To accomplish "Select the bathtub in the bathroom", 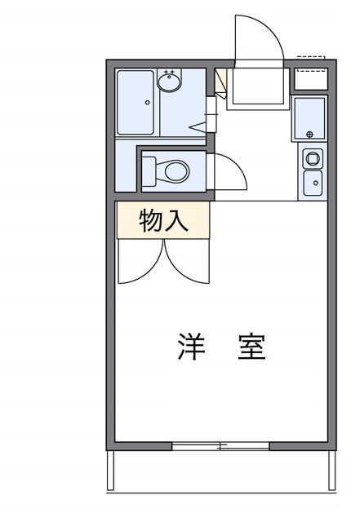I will click(136, 103).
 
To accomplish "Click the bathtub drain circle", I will click(147, 103).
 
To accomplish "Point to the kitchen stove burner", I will click(312, 156).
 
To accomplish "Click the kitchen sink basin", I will click(312, 181).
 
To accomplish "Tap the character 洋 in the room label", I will click(189, 347).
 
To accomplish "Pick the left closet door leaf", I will click(140, 263).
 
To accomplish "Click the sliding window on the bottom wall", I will click(220, 445).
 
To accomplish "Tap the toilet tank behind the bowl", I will click(149, 171).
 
